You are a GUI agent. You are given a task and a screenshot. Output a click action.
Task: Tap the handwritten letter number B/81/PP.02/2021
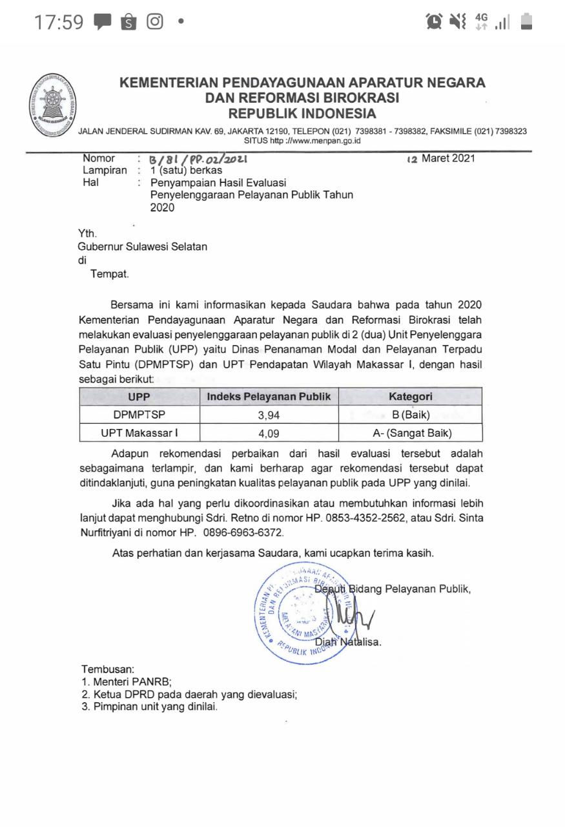(x=198, y=159)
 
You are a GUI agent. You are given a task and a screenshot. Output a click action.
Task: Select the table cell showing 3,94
(x=269, y=415)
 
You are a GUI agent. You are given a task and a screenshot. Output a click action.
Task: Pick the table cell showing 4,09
(x=269, y=434)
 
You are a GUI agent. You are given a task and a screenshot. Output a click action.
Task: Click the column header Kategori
(x=410, y=397)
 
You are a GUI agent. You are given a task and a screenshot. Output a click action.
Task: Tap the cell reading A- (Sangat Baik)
(x=410, y=433)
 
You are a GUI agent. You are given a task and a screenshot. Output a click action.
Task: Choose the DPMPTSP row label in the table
(x=139, y=415)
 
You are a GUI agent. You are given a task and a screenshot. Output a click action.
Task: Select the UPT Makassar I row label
(x=139, y=433)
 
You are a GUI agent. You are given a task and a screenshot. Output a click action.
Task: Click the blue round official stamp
(x=300, y=604)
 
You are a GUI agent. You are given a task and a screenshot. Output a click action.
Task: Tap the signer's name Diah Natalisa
(x=348, y=642)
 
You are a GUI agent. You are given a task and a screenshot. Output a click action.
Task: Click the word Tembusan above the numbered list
(x=108, y=669)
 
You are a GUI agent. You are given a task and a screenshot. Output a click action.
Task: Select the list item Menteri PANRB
(x=132, y=682)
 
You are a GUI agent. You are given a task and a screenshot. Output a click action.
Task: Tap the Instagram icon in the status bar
(x=155, y=22)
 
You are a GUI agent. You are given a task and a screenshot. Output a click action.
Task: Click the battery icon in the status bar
(x=526, y=22)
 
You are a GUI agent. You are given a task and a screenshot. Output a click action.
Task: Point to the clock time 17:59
(x=58, y=23)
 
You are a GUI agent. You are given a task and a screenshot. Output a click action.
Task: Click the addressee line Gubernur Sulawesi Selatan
(x=143, y=246)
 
